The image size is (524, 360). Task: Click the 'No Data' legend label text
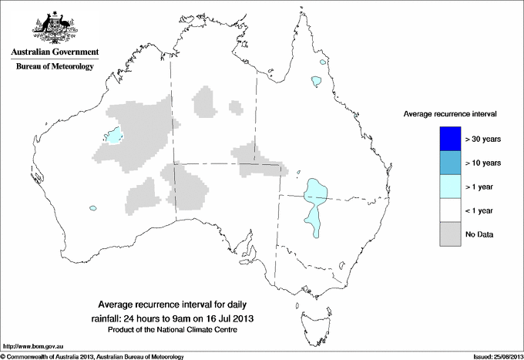click(x=479, y=234)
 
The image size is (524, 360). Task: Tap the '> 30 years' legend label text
click(x=483, y=139)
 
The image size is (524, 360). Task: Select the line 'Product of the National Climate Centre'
click(x=173, y=330)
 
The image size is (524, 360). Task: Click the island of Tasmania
click(x=309, y=315)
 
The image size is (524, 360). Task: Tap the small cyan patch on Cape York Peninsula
click(x=315, y=80)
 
